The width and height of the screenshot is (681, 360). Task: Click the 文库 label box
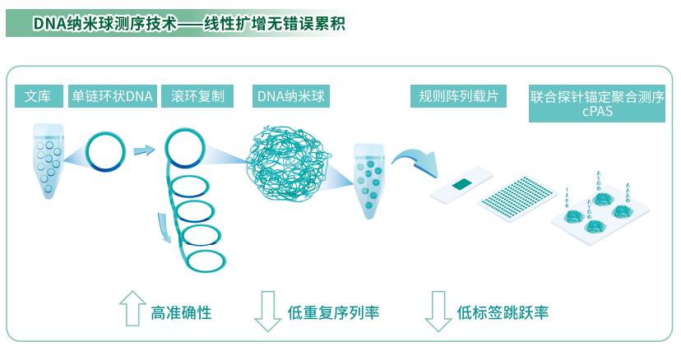[39, 97]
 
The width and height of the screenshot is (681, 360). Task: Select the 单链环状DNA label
[113, 97]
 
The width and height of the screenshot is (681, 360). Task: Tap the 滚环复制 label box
[198, 97]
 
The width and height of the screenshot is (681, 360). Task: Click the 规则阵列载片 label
[458, 97]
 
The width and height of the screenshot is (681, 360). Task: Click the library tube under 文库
[47, 160]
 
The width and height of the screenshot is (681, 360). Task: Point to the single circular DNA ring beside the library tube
[107, 151]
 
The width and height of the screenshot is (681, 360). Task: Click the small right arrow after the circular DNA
[144, 150]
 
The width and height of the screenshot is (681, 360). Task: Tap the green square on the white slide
[461, 184]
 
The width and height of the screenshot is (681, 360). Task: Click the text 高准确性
[181, 312]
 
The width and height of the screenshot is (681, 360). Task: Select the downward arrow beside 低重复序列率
[267, 311]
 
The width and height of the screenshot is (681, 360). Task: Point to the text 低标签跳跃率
[503, 312]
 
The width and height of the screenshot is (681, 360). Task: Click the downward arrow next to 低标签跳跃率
[437, 311]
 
